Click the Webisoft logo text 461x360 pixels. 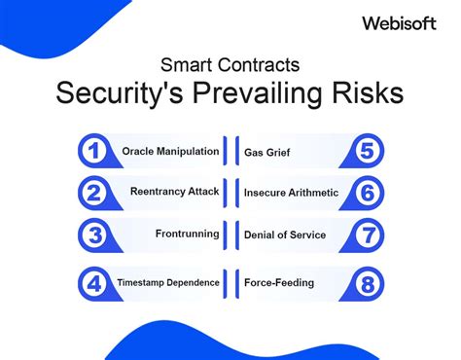click(398, 21)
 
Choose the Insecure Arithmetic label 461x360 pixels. click(291, 193)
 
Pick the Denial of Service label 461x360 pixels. click(285, 234)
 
